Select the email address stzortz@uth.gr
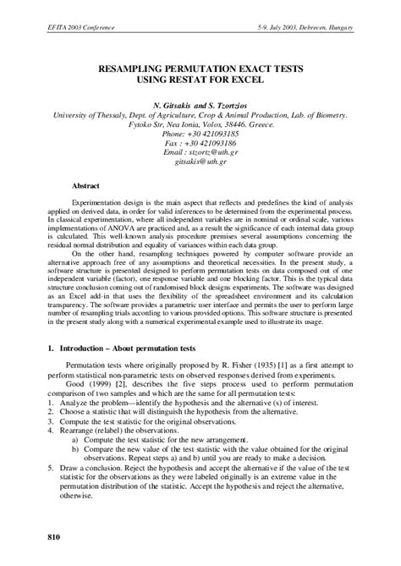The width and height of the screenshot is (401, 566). [213, 156]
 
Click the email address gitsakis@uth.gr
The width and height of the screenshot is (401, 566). [201, 167]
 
